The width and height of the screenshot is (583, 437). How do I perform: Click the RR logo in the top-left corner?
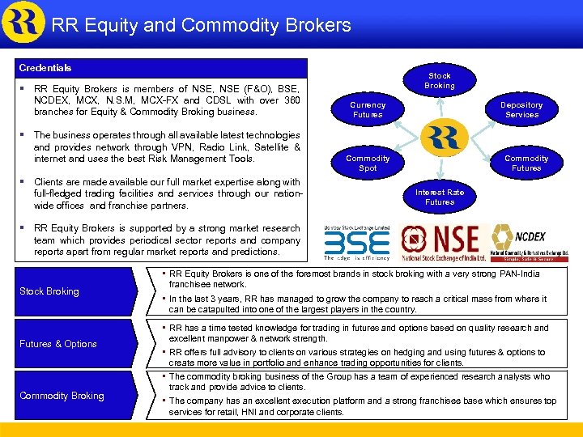click(x=23, y=23)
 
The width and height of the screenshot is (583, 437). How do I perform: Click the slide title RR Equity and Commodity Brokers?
click(x=201, y=25)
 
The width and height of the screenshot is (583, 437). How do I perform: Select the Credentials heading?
click(x=46, y=68)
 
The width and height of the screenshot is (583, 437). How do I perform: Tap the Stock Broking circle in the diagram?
click(x=440, y=81)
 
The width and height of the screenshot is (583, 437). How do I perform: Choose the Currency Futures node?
click(x=368, y=110)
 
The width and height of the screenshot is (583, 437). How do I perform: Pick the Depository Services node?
click(x=521, y=110)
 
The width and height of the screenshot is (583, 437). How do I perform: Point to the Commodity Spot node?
click(x=368, y=163)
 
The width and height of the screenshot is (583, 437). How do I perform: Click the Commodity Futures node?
click(x=526, y=163)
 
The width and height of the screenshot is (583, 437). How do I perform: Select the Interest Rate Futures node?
click(x=440, y=197)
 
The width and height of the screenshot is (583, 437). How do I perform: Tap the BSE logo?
click(x=356, y=243)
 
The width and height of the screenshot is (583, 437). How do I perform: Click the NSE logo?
click(x=442, y=242)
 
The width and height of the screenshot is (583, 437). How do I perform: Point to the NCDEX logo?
click(x=530, y=243)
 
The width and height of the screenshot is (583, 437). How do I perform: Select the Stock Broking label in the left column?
click(x=50, y=291)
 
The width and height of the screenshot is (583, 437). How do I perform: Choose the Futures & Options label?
click(x=58, y=344)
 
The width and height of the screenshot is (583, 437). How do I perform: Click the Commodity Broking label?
click(x=62, y=396)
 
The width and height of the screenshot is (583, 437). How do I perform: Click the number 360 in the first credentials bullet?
click(x=291, y=100)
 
